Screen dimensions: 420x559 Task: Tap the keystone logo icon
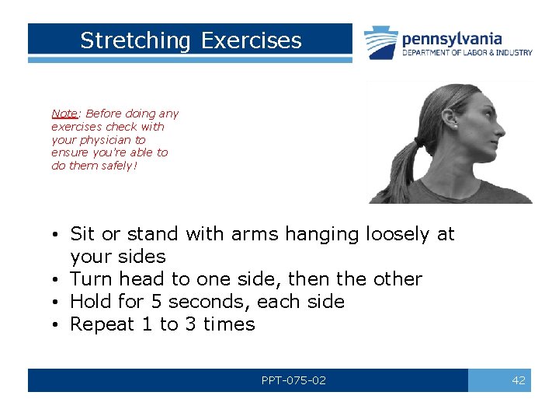[381, 43]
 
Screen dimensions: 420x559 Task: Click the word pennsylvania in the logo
[452, 39]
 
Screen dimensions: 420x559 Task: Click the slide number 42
[519, 380]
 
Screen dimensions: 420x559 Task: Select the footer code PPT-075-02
[293, 380]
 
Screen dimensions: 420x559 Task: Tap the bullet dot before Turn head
[59, 279]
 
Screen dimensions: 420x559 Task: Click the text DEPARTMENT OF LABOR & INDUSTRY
[467, 53]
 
